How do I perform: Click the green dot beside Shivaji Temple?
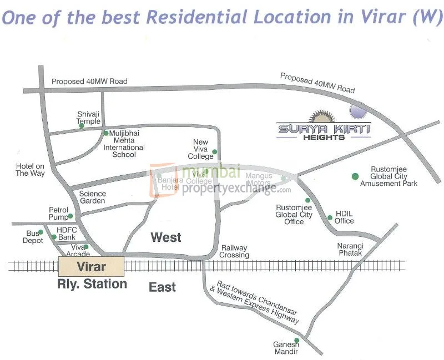[x=82, y=126]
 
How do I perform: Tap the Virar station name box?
[x=91, y=267]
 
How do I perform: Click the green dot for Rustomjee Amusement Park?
[x=355, y=176]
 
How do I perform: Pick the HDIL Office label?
[x=344, y=217]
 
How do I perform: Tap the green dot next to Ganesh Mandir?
[x=296, y=340]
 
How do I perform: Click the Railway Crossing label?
[x=235, y=251]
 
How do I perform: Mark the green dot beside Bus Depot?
[x=41, y=232]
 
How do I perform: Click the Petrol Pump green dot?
[x=70, y=216]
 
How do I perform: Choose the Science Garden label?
[x=92, y=197]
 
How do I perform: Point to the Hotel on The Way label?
[x=30, y=170]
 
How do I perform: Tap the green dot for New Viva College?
[x=215, y=152]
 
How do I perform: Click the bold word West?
[x=166, y=237]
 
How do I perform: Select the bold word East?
[x=162, y=287]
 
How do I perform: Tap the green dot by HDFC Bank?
[x=54, y=237]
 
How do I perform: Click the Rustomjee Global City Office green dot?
[x=307, y=200]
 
